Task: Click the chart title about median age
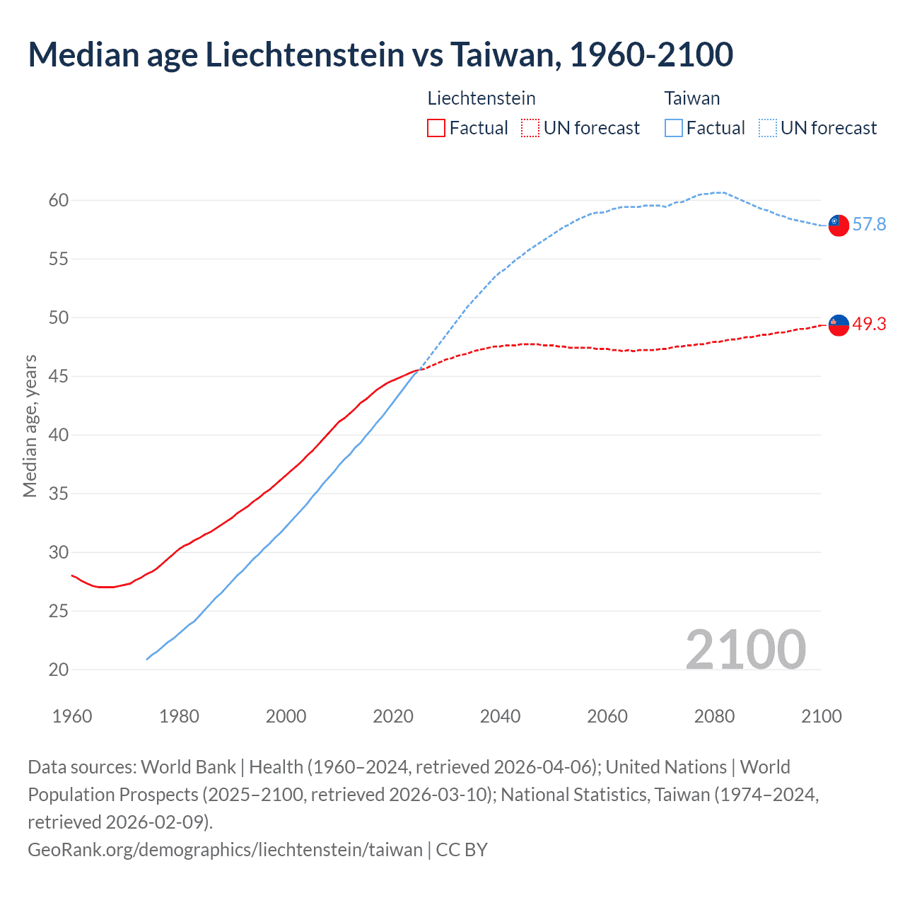380,54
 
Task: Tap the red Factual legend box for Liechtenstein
436,128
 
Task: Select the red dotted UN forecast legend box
530,128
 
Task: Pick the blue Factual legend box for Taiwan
674,128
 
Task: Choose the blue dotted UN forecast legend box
767,128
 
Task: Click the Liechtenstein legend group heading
481,98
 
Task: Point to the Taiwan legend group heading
691,98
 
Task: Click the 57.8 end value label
869,225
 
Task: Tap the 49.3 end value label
869,325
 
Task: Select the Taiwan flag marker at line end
838,225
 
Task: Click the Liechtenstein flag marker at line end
838,325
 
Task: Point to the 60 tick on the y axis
59,201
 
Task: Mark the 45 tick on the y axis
59,376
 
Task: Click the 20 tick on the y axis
59,670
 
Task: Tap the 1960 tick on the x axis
72,716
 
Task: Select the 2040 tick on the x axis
500,716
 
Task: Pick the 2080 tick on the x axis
714,716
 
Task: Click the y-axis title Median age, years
30,426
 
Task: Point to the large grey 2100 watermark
745,650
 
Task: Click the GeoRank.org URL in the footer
225,849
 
